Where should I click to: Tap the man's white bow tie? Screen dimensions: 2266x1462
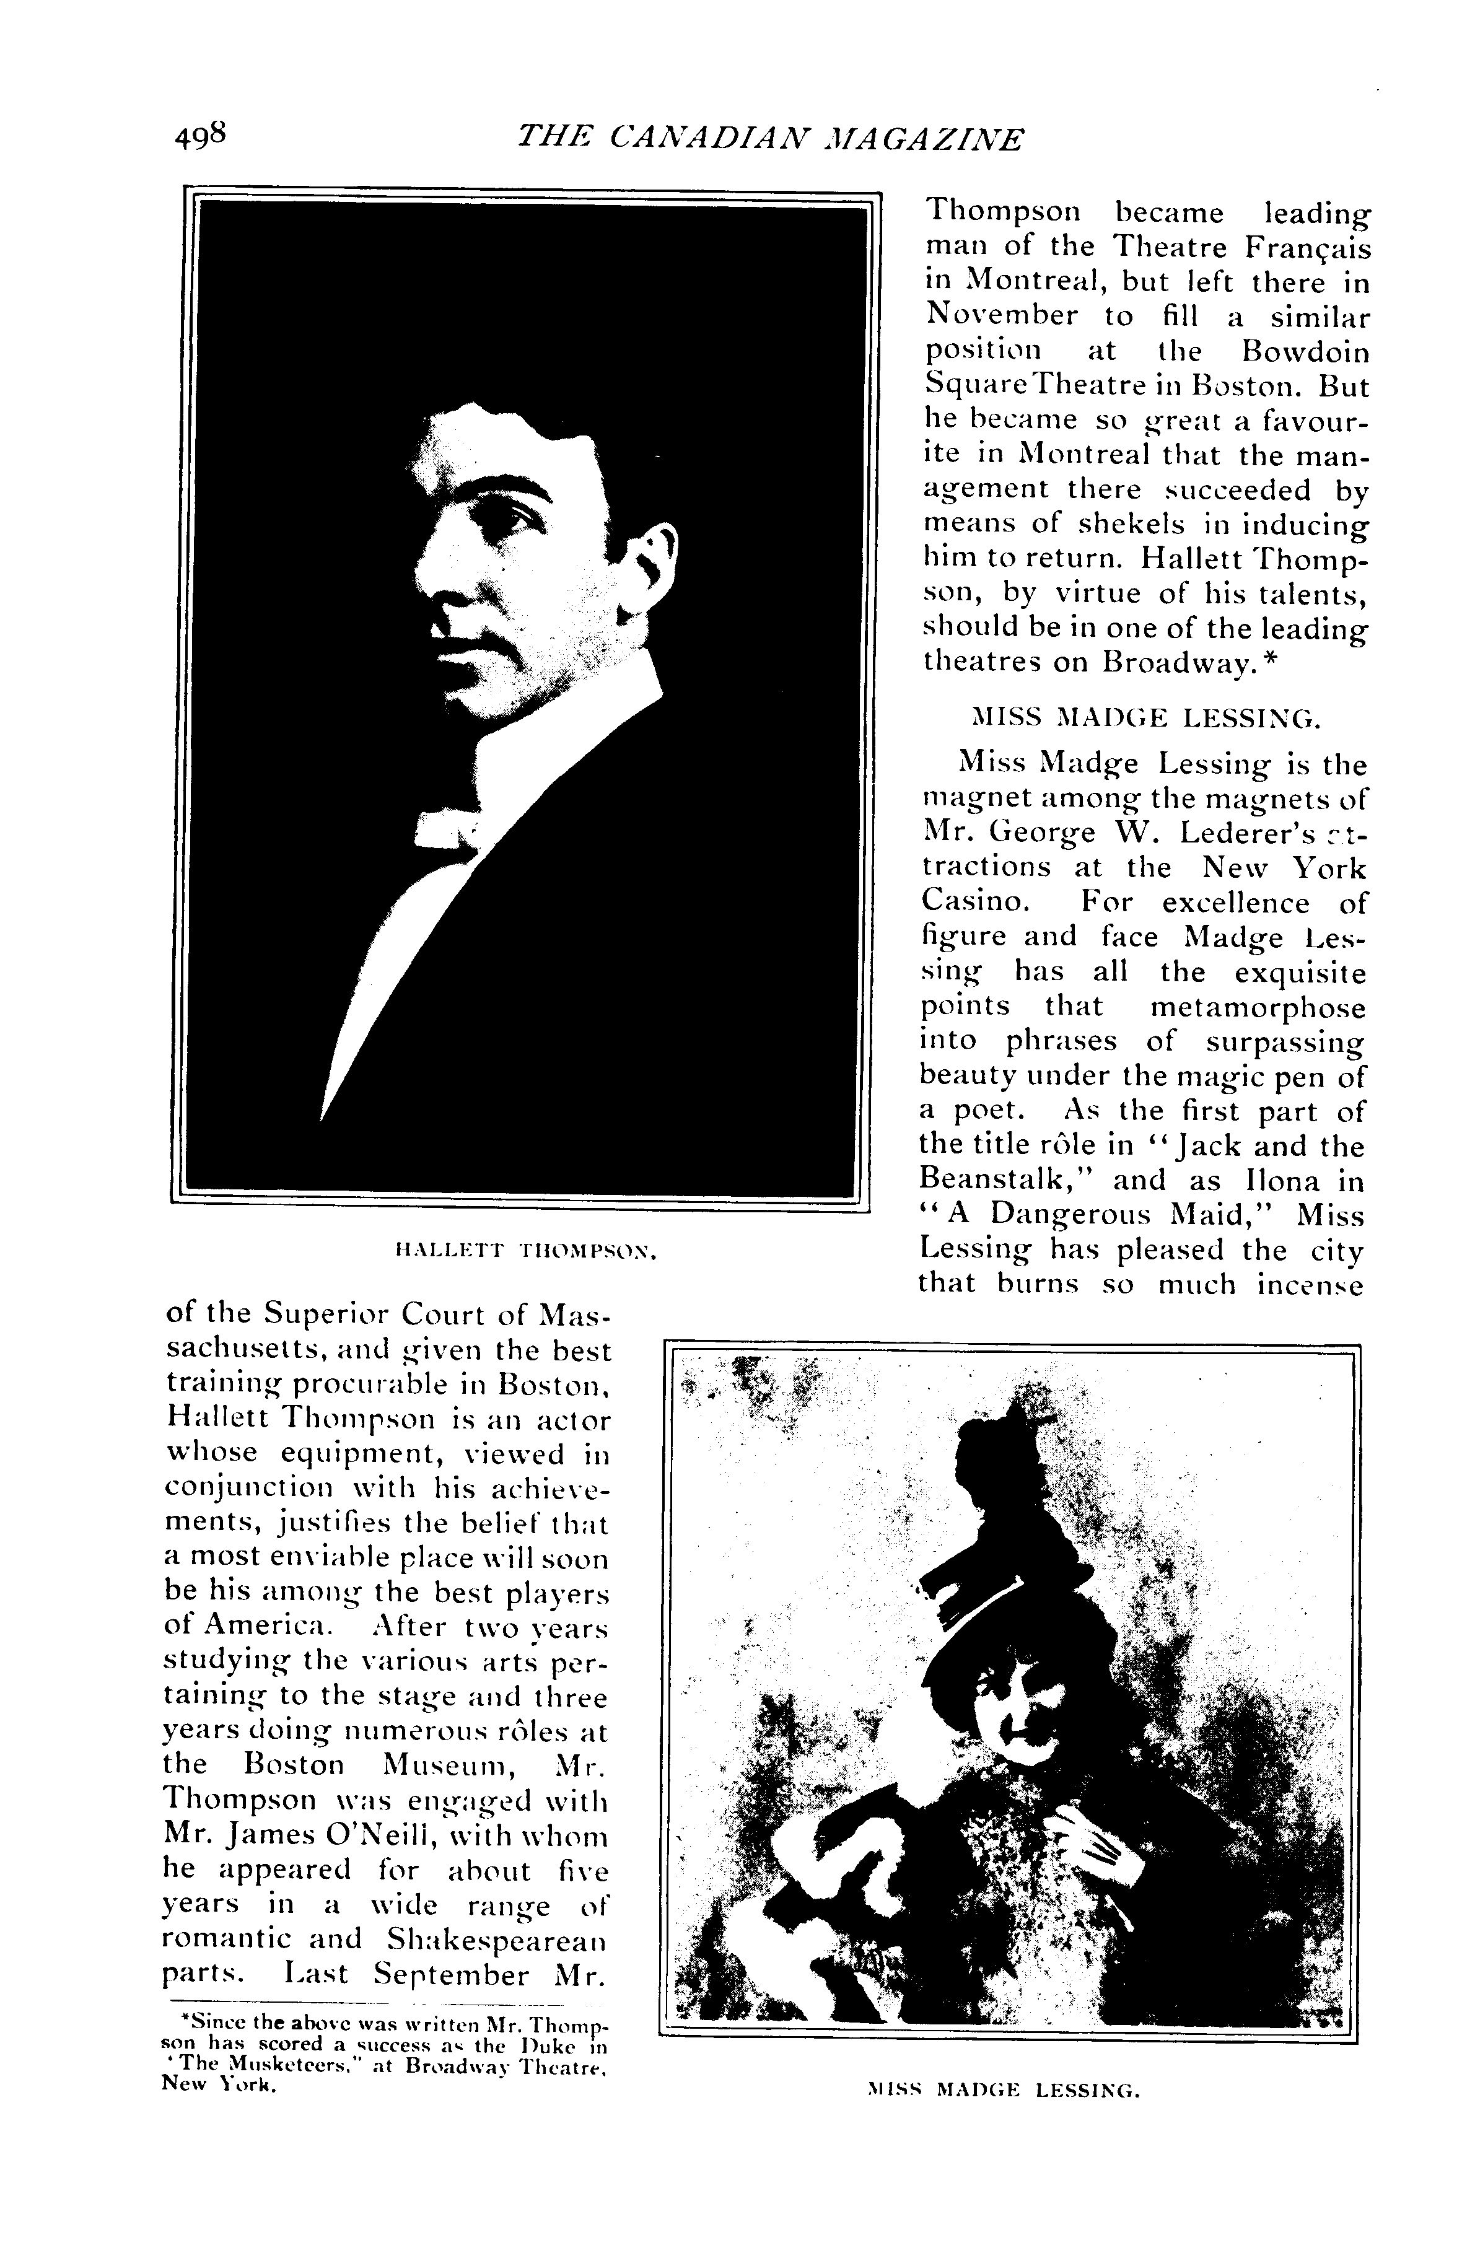coord(446,827)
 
